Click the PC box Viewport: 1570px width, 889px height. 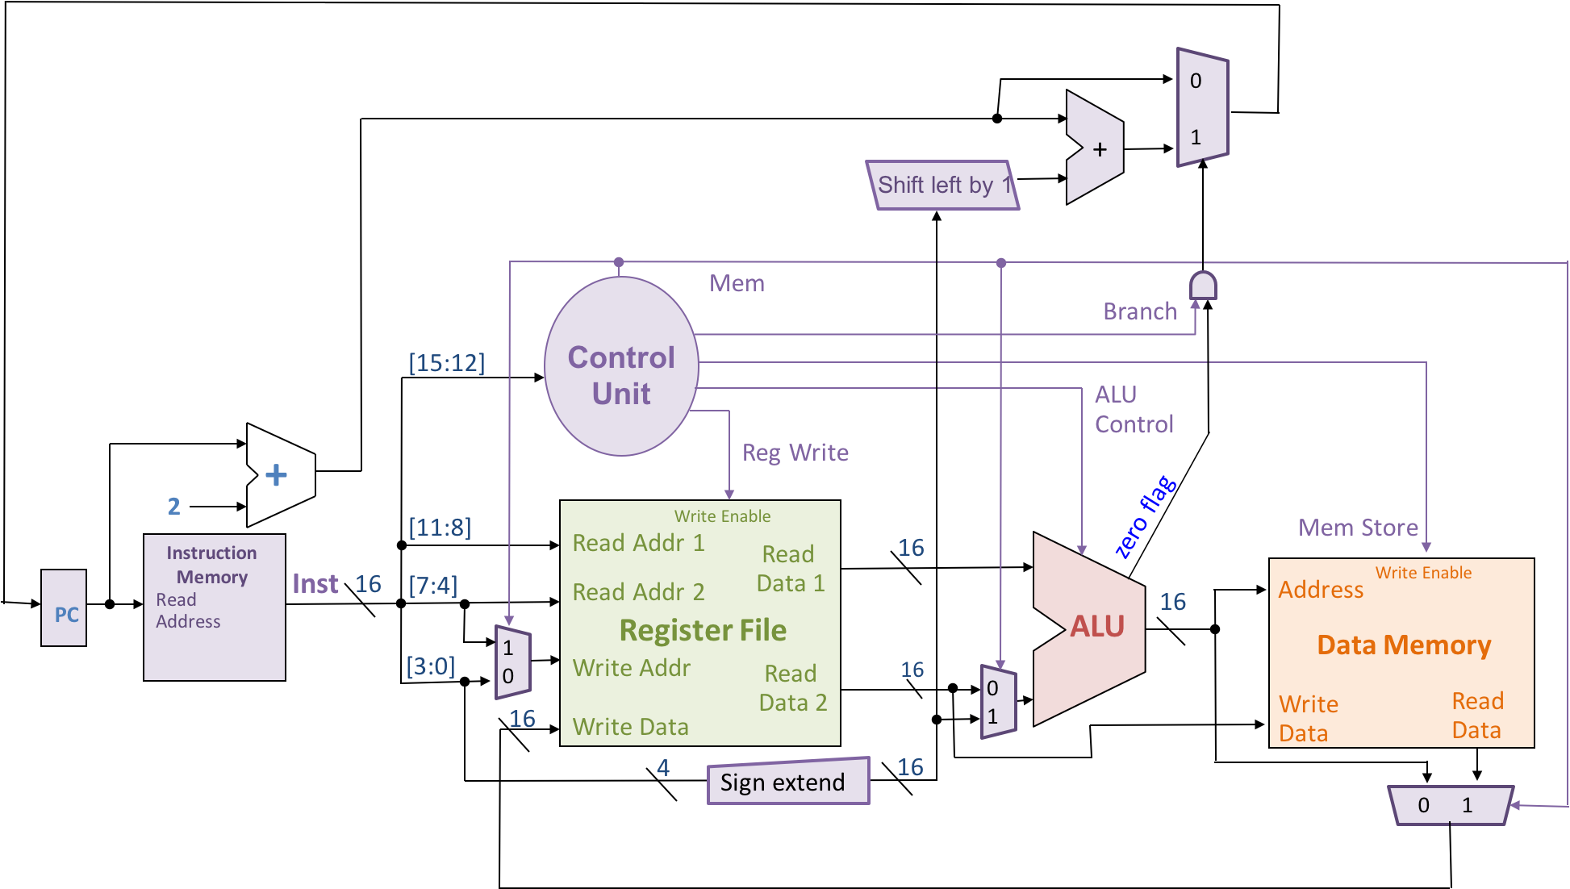[64, 608]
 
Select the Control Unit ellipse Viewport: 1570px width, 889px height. [620, 367]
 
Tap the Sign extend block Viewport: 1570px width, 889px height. [788, 782]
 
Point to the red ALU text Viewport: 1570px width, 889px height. [1096, 627]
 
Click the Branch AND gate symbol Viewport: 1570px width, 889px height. [1202, 286]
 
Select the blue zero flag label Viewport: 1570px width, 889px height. [1145, 518]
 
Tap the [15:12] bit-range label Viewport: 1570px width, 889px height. [446, 363]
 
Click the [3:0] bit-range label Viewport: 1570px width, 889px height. [430, 666]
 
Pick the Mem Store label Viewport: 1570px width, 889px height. [1358, 528]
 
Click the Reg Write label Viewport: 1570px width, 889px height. [795, 453]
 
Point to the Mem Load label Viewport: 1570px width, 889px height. [766, 283]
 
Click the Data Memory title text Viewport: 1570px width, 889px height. [1403, 645]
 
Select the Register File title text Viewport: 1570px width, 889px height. [702, 630]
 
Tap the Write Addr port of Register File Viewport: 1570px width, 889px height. [631, 668]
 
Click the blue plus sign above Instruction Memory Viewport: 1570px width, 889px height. [276, 475]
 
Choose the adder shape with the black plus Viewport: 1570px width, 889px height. [1092, 148]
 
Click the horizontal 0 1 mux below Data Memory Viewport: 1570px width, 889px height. [1449, 805]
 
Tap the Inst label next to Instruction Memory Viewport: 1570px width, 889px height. [315, 584]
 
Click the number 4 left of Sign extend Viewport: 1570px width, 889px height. [662, 768]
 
